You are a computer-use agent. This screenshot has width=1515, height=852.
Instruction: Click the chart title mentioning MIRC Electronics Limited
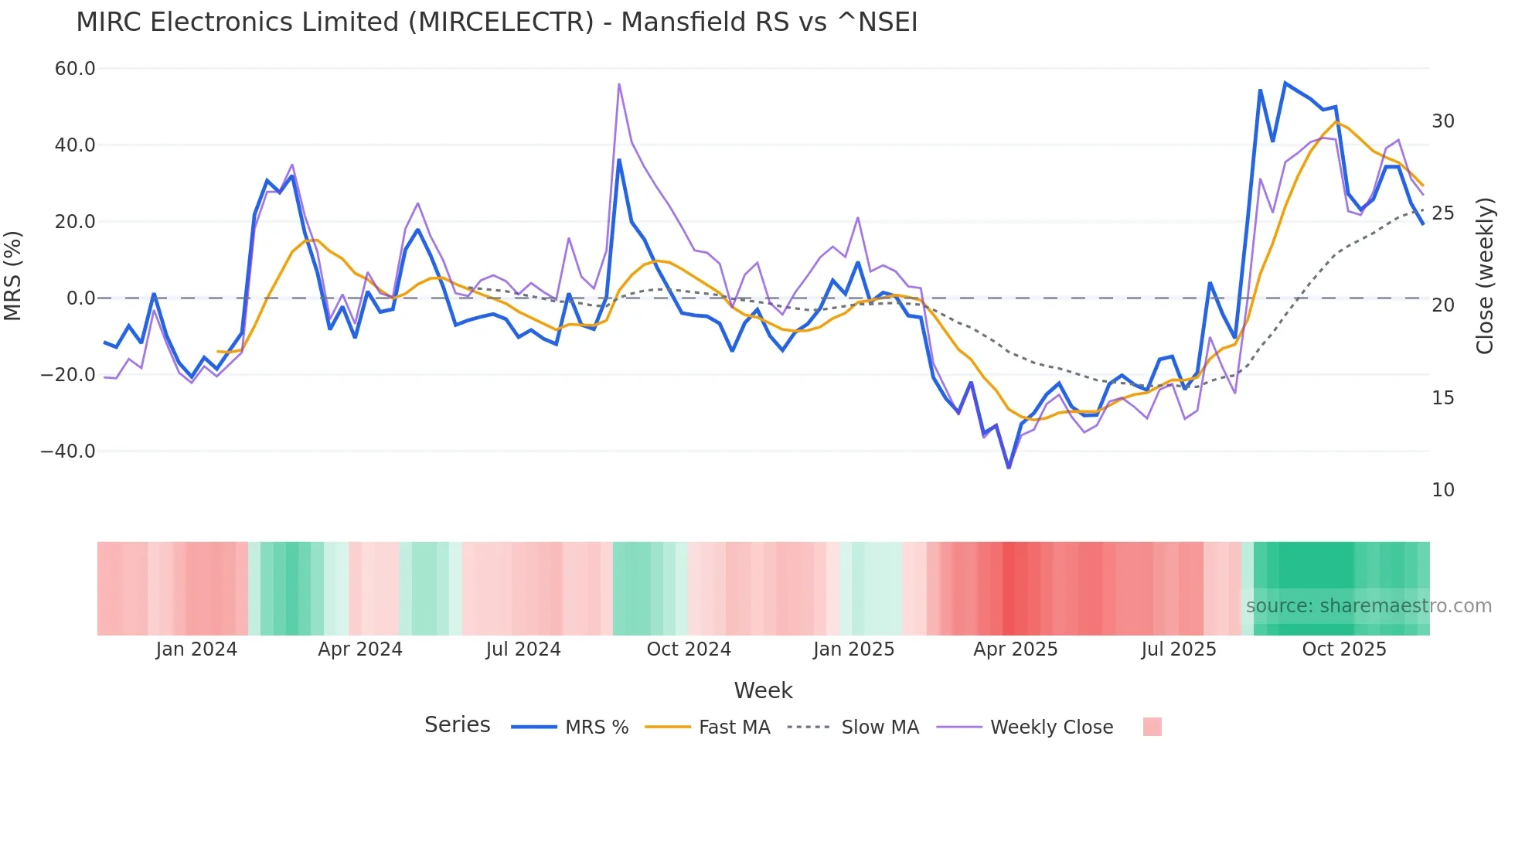496,22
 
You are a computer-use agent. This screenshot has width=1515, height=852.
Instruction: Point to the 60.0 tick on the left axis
75,69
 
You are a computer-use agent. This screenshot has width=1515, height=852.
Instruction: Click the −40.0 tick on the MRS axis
68,451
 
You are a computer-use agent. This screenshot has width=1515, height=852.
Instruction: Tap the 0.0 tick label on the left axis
80,298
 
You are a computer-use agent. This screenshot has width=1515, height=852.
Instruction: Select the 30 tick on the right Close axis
1442,121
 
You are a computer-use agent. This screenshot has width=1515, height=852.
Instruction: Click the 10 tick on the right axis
1442,490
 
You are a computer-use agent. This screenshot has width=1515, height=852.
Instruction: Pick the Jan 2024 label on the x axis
196,649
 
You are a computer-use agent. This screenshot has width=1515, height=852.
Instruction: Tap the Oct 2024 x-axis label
689,649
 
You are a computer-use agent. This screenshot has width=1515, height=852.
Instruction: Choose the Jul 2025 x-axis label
1179,649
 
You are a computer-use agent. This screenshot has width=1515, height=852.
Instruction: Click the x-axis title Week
763,690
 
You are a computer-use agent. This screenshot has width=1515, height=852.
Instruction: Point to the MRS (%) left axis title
13,276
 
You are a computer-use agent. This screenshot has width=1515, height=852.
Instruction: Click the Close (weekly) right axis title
1484,276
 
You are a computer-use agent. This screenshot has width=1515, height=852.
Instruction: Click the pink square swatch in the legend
1152,727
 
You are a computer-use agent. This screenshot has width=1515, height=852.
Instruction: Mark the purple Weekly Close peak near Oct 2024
619,84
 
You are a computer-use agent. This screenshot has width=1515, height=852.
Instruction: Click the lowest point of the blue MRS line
1009,467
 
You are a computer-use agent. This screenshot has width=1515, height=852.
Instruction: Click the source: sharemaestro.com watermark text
1368,606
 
